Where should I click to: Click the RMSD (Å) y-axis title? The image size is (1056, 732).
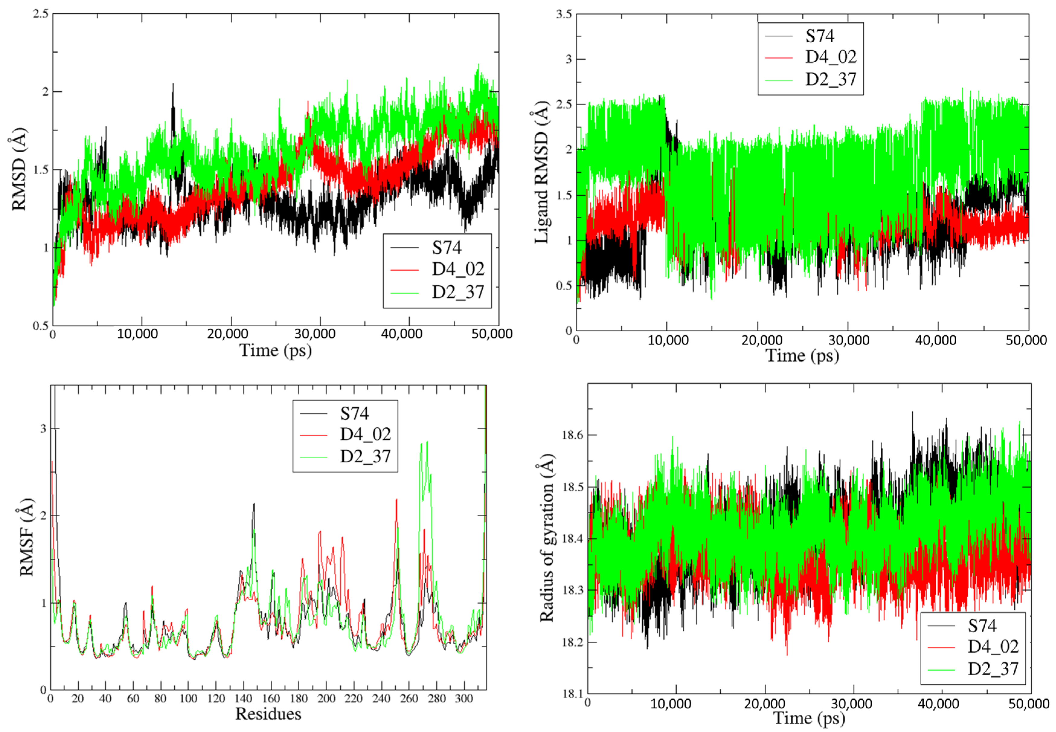click(x=18, y=169)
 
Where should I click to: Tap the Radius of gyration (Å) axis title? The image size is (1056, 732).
click(x=547, y=538)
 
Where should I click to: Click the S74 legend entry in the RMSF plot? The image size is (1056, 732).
click(x=354, y=414)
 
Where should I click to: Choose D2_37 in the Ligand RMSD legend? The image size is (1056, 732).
click(x=830, y=80)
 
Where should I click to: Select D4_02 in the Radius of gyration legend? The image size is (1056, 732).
click(x=993, y=647)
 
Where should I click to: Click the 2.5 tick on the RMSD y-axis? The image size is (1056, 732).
click(x=40, y=14)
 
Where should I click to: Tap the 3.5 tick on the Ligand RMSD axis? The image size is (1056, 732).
click(x=564, y=14)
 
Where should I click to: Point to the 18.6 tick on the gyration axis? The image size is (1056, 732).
click(x=573, y=435)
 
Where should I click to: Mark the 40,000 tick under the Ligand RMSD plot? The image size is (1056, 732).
click(x=935, y=340)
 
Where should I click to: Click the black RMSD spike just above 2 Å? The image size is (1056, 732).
click(x=173, y=84)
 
